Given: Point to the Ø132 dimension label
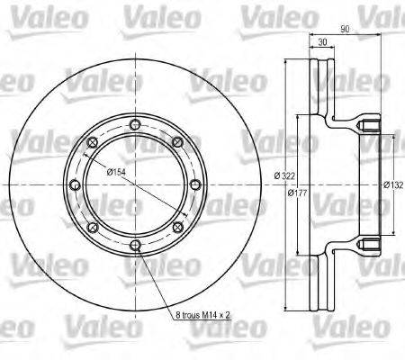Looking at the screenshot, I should pyautogui.click(x=392, y=184).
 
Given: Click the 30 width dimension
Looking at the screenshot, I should pyautogui.click(x=320, y=41).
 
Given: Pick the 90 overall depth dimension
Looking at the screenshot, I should pyautogui.click(x=346, y=28).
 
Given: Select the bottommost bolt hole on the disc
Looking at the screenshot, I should pyautogui.click(x=134, y=245).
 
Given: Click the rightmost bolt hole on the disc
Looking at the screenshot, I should pyautogui.click(x=195, y=184).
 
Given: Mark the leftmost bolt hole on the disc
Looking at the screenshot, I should pyautogui.click(x=74, y=184).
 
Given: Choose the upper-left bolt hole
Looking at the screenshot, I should pyautogui.click(x=91, y=141).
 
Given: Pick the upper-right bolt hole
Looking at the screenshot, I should pyautogui.click(x=177, y=141).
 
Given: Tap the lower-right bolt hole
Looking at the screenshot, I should pyautogui.click(x=177, y=227).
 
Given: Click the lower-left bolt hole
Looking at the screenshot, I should pyautogui.click(x=91, y=227).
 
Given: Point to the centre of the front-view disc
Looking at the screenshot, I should pyautogui.click(x=134, y=184).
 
